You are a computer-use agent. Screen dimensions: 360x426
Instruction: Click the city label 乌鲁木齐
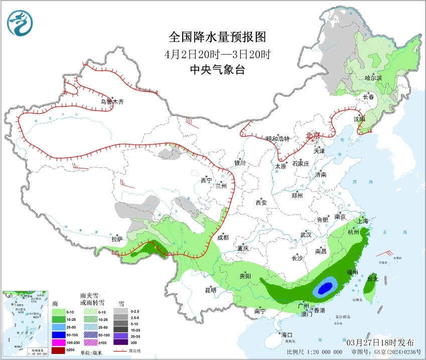111,102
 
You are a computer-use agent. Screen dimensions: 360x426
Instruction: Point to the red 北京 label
313,135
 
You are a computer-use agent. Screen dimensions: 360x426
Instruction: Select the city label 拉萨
117,239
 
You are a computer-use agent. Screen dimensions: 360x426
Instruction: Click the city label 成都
223,238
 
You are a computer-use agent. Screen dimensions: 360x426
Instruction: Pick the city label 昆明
210,290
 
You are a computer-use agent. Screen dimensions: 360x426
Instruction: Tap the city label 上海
363,221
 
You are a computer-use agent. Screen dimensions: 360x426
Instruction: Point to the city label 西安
261,203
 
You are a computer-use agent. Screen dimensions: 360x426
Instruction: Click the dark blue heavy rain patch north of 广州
325,288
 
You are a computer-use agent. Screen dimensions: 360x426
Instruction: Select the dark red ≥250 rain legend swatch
60,349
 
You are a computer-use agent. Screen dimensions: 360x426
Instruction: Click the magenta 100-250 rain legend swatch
60,342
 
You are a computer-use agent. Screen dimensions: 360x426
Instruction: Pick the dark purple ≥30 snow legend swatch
120,342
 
